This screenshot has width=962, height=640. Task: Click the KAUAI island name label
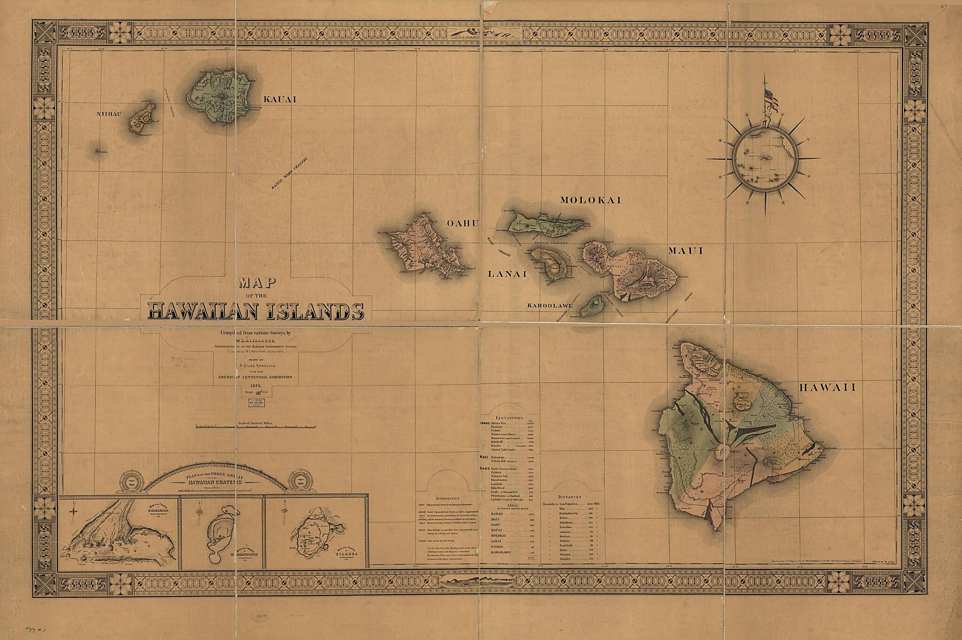[x=280, y=100]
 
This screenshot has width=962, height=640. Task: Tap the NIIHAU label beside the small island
[x=109, y=114]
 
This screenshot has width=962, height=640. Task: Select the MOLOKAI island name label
[x=590, y=200]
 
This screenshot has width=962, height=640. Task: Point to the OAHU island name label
[x=462, y=224]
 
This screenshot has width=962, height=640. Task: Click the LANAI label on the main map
[x=507, y=274]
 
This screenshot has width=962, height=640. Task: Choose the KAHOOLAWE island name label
[x=550, y=306]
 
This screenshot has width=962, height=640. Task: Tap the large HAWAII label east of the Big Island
[x=827, y=387]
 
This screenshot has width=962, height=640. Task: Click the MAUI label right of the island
[x=686, y=251]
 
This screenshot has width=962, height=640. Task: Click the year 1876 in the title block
[x=256, y=386]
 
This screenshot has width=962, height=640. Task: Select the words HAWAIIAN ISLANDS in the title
[x=256, y=311]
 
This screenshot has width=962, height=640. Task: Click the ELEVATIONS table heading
[x=509, y=417]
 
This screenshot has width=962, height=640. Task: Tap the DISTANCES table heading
[x=569, y=497]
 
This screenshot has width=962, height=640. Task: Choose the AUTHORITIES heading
[x=447, y=498]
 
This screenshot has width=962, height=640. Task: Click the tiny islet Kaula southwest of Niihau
[x=98, y=151]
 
